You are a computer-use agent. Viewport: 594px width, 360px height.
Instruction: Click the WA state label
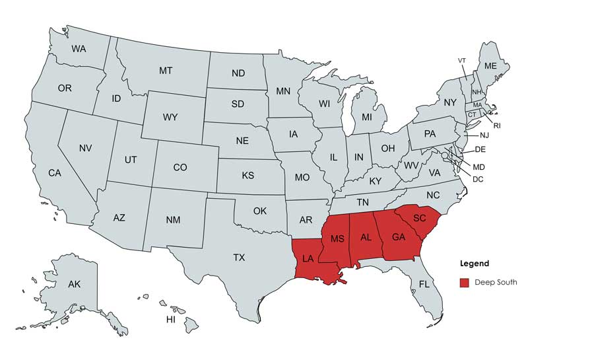(79, 48)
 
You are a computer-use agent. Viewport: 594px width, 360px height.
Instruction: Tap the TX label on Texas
(239, 258)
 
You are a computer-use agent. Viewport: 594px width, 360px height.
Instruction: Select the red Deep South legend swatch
(465, 283)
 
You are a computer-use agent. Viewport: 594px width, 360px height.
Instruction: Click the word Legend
(475, 264)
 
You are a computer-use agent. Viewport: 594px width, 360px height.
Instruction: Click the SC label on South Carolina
(420, 218)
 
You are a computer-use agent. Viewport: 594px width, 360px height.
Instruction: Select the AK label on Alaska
(74, 285)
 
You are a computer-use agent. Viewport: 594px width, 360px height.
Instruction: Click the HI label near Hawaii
(170, 320)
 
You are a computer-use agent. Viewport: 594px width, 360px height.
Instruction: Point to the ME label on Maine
(490, 66)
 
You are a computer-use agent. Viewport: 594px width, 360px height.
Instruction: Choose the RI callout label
(497, 125)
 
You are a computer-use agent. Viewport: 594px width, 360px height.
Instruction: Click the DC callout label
(478, 179)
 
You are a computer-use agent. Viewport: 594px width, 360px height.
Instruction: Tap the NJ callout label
(484, 135)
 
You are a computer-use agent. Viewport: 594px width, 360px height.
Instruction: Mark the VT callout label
(462, 60)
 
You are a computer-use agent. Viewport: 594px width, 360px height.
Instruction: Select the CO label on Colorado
(180, 168)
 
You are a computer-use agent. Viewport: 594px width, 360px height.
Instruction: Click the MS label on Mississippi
(337, 238)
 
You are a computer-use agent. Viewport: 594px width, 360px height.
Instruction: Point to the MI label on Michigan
(366, 117)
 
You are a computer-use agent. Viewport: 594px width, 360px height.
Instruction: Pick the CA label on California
(55, 173)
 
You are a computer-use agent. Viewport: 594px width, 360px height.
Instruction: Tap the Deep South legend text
(496, 283)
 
